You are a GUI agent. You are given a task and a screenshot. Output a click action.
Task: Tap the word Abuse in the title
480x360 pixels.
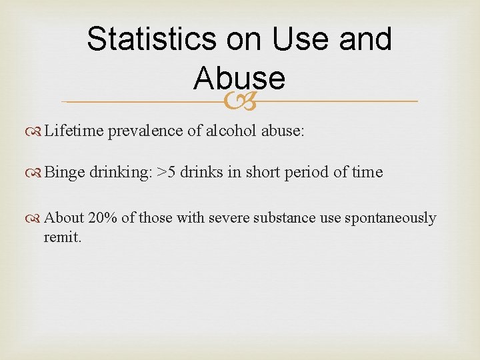tap(239, 79)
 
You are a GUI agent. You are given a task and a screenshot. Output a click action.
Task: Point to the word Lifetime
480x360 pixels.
tap(73, 131)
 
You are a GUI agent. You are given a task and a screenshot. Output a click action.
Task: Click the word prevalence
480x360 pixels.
tap(145, 131)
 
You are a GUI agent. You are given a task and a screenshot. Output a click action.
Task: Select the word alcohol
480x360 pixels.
tap(230, 131)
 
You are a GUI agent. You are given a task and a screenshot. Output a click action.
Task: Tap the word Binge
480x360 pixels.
tap(65, 172)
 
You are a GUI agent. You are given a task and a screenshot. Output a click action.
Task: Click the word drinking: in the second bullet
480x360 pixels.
tap(120, 172)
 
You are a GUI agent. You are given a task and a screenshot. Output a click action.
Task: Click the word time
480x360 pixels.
tap(367, 172)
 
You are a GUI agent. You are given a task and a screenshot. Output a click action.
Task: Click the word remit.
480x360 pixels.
tap(62, 237)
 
